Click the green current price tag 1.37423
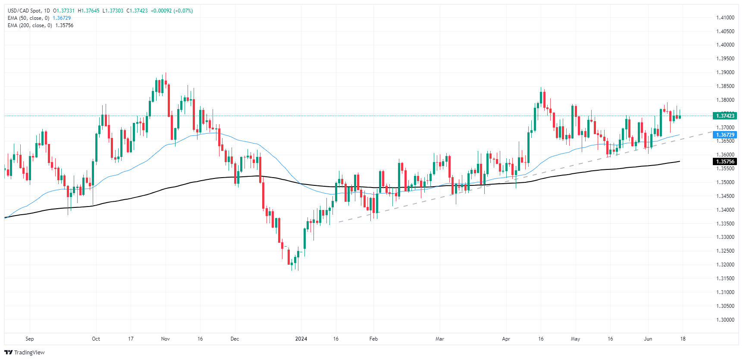click(725, 116)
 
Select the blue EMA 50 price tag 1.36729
click(725, 135)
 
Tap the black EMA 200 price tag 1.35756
click(725, 162)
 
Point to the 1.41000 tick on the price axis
click(725, 18)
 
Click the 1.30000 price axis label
click(725, 320)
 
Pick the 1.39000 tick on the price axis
click(725, 72)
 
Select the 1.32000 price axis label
click(725, 265)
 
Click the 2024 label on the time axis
click(301, 339)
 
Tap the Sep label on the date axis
click(29, 339)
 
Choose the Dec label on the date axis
click(235, 339)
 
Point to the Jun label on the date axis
click(648, 339)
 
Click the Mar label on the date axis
click(439, 339)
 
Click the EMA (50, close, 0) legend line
click(28, 18)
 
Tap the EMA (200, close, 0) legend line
click(30, 25)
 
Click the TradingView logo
click(25, 352)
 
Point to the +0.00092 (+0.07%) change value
click(172, 11)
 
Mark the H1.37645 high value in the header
click(88, 11)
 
